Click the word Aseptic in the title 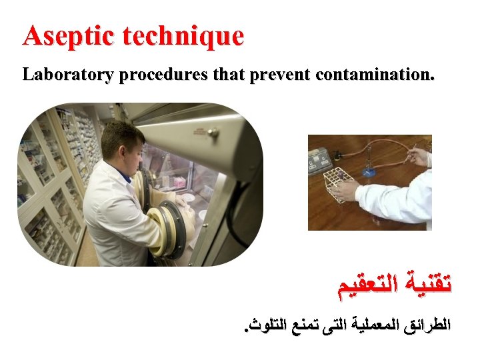coord(58,36)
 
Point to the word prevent coord(280,75)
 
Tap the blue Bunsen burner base coord(369,172)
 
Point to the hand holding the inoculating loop coord(419,157)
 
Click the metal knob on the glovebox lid coord(213,132)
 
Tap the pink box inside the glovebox coord(181,181)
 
